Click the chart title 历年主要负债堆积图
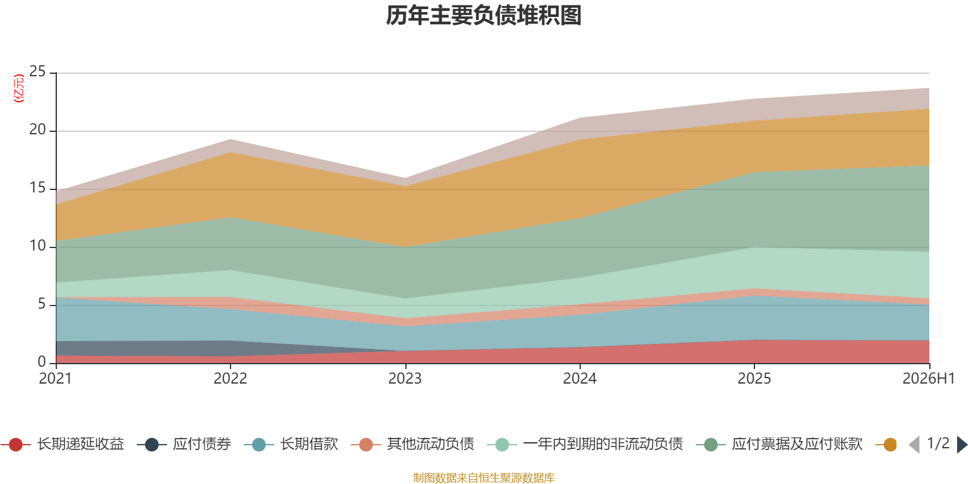(x=483, y=16)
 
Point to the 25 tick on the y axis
(x=37, y=71)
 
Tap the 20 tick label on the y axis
(x=37, y=129)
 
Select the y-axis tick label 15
(x=37, y=188)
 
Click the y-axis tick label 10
(x=37, y=246)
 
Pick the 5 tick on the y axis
(x=42, y=304)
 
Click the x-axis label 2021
(x=55, y=379)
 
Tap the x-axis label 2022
(x=231, y=379)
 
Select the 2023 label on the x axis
(x=405, y=379)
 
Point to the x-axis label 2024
(x=580, y=379)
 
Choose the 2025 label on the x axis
(x=754, y=379)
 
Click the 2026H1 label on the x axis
(x=929, y=379)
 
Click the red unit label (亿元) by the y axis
(x=19, y=88)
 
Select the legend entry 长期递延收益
(x=63, y=444)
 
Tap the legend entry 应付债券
(x=184, y=444)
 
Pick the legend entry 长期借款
(x=291, y=444)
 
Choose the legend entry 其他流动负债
(x=413, y=444)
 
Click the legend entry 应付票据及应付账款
(x=779, y=444)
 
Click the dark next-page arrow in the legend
(x=961, y=444)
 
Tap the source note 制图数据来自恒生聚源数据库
(x=483, y=477)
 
